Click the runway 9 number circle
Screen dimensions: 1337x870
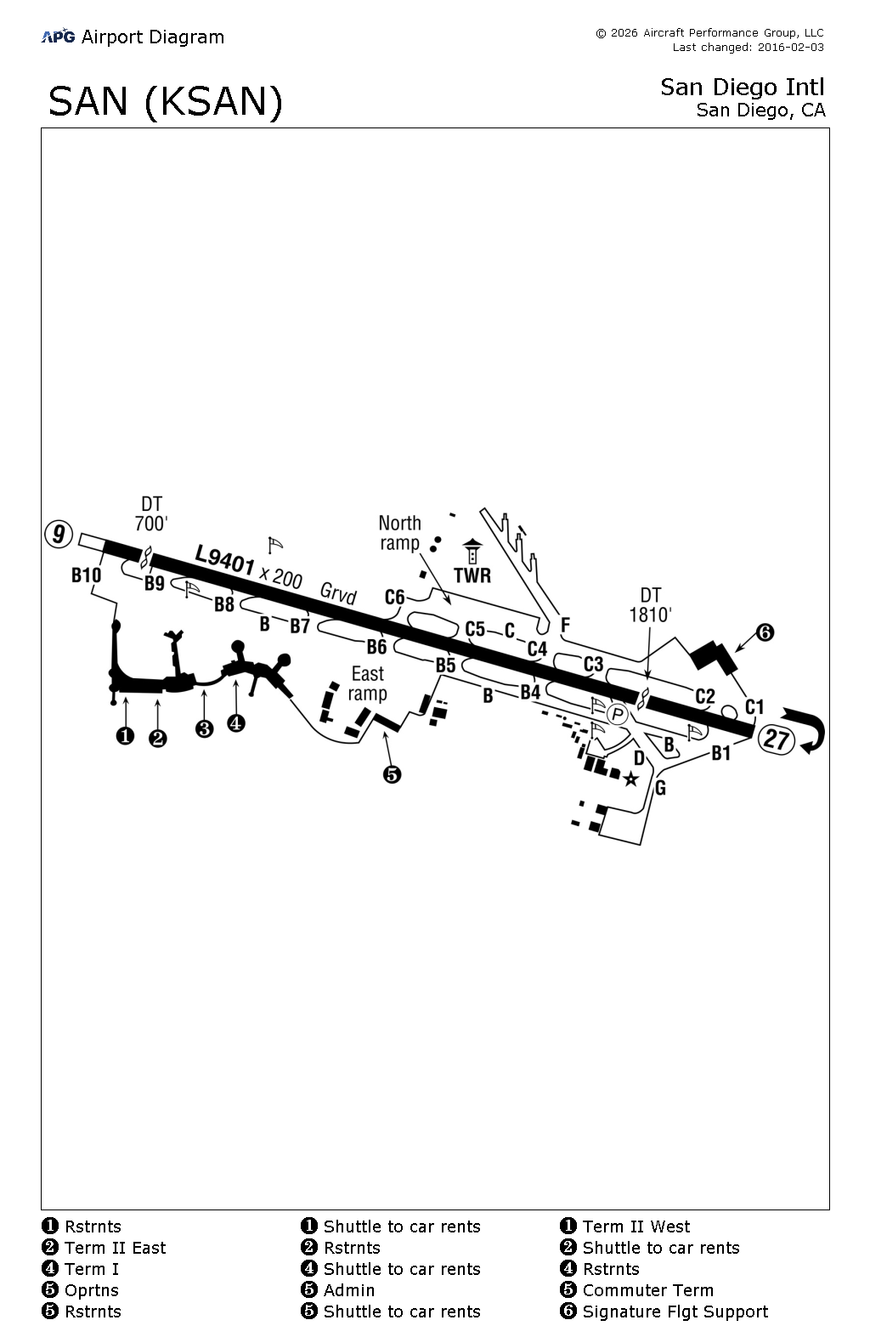pos(58,534)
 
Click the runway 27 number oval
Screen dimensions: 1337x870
pos(777,739)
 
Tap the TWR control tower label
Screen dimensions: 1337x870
pos(472,575)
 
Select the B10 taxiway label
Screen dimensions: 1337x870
pos(86,575)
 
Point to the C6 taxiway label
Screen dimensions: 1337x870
pos(395,597)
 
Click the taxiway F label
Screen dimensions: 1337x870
pos(565,626)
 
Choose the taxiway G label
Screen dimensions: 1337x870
pos(660,788)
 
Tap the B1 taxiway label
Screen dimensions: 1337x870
pos(720,753)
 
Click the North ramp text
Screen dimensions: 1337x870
pos(399,533)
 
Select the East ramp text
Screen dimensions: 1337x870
pos(368,683)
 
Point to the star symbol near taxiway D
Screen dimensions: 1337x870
pos(630,779)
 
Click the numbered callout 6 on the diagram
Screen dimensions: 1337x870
pos(765,632)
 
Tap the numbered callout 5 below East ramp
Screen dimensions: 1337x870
pos(392,774)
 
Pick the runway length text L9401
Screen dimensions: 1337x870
pos(225,560)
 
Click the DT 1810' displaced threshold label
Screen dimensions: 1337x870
pos(651,605)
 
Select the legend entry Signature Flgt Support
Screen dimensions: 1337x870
pos(675,1312)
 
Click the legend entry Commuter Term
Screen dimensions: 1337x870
pos(647,1290)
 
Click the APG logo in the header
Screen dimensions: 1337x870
pos(58,36)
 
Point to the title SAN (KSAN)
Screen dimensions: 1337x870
pos(166,101)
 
